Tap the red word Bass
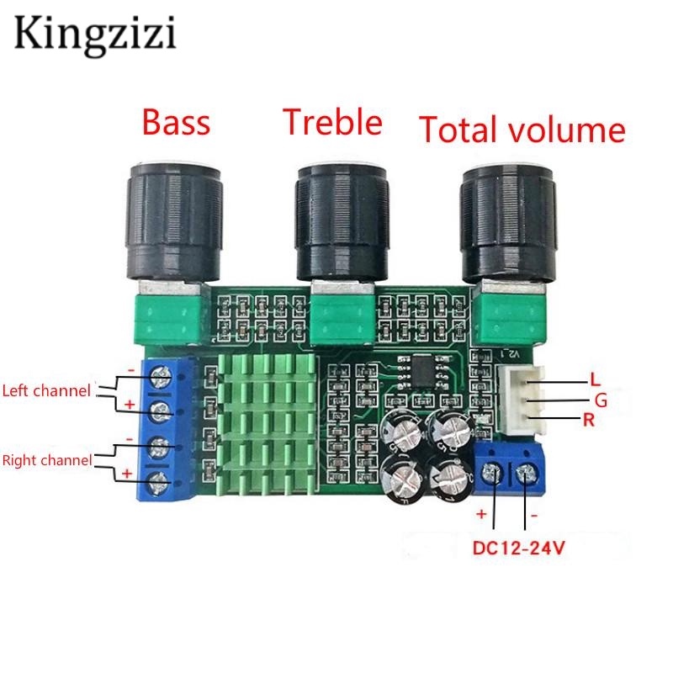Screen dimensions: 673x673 coord(175,123)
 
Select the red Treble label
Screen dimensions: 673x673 coord(332,123)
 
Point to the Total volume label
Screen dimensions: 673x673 coord(522,130)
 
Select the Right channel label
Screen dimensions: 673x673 coord(49,460)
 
